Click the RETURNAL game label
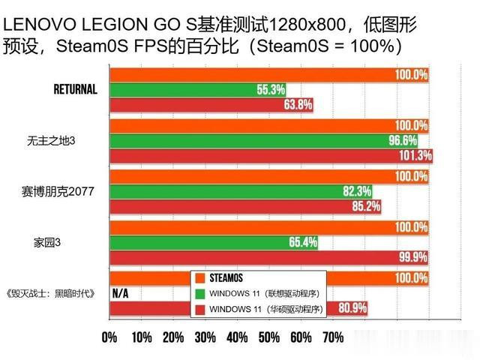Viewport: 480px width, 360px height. pos(76,89)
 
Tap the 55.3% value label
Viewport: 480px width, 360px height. pos(271,90)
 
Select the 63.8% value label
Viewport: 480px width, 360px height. pos(298,105)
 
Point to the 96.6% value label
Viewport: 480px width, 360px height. pos(403,140)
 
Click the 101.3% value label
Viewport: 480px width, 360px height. pos(415,155)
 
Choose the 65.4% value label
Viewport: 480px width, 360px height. pos(302,242)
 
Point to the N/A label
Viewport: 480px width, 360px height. pos(120,292)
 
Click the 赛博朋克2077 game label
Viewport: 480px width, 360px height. pos(58,192)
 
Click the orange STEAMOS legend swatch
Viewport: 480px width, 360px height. pos(199,277)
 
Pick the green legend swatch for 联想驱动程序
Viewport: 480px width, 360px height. pos(199,292)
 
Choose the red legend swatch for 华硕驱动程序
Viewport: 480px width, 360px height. pos(199,309)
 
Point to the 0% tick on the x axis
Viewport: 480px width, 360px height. pos(109,337)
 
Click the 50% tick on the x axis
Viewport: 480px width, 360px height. pos(269,337)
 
